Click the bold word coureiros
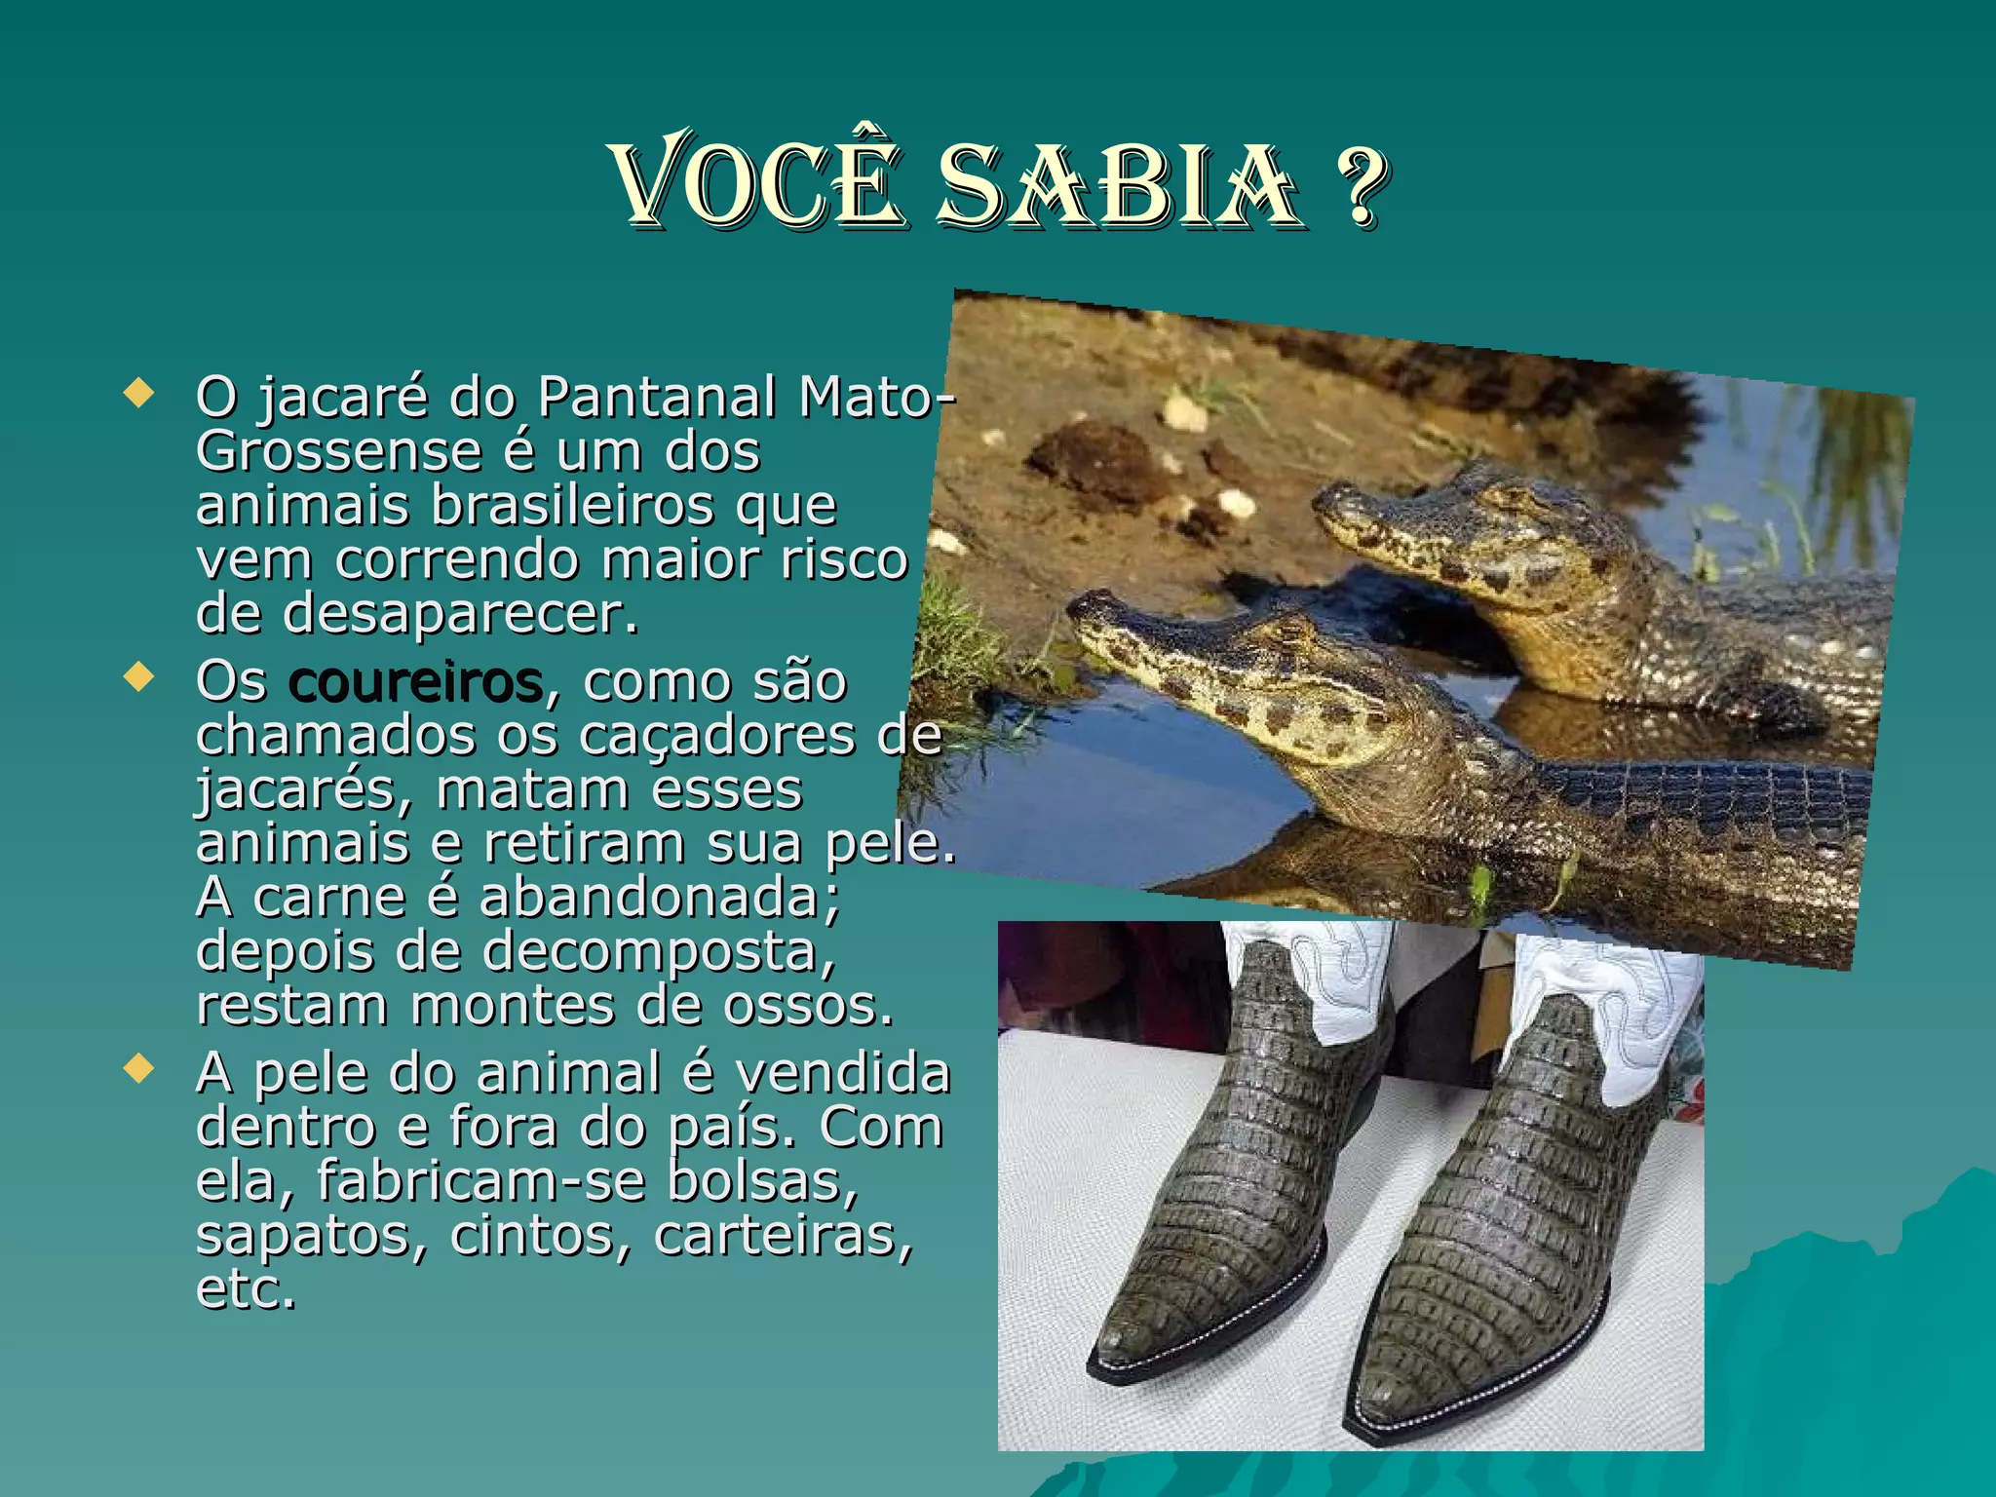point(415,682)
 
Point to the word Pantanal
point(657,398)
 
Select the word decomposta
point(659,951)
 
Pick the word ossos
point(807,1006)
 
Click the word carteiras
point(784,1236)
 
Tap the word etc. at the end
point(246,1290)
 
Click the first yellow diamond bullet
point(139,394)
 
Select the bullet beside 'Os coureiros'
point(139,676)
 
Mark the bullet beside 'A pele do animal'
point(139,1068)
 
